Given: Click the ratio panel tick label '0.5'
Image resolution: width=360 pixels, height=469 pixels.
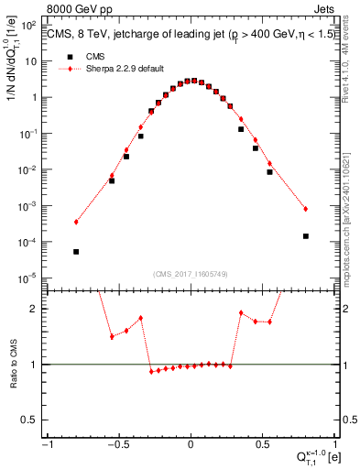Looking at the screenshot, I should pyautogui.click(x=36, y=420).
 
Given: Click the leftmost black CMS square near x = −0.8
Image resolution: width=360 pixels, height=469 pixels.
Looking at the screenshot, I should pyautogui.click(x=76, y=251).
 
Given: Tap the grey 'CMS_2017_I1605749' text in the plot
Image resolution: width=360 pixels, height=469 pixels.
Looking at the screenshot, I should pyautogui.click(x=191, y=273).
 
